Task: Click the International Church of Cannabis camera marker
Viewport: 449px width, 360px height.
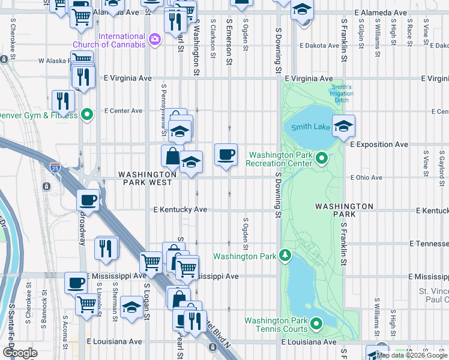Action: (x=155, y=40)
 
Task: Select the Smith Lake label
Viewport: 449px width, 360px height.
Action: (x=310, y=127)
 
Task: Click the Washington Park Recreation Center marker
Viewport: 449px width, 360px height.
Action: (x=322, y=158)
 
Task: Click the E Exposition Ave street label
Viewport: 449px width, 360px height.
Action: (x=379, y=145)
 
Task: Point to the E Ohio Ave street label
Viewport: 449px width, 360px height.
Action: (x=366, y=178)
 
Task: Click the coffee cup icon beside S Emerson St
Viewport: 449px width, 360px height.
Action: (x=226, y=155)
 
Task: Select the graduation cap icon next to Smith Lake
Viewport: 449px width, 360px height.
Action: (x=343, y=126)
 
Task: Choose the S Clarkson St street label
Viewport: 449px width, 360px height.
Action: (x=213, y=38)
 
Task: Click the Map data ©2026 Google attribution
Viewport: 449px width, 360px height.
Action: (x=411, y=355)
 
